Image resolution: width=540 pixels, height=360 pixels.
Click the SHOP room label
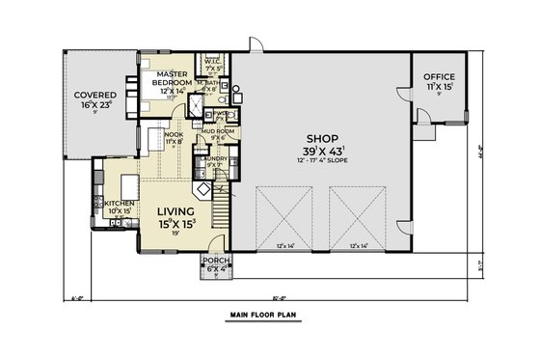coord(322,138)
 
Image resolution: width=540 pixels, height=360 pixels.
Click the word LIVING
coord(176,210)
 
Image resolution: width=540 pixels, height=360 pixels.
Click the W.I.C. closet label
coord(213,62)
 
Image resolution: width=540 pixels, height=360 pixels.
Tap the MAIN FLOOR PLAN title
coord(269,316)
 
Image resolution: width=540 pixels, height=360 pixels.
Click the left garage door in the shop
coord(283,217)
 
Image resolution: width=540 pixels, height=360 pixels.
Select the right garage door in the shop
coord(359,217)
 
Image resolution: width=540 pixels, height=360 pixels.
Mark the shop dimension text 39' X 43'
coord(322,152)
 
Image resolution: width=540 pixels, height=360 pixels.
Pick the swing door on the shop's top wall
coord(254,44)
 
